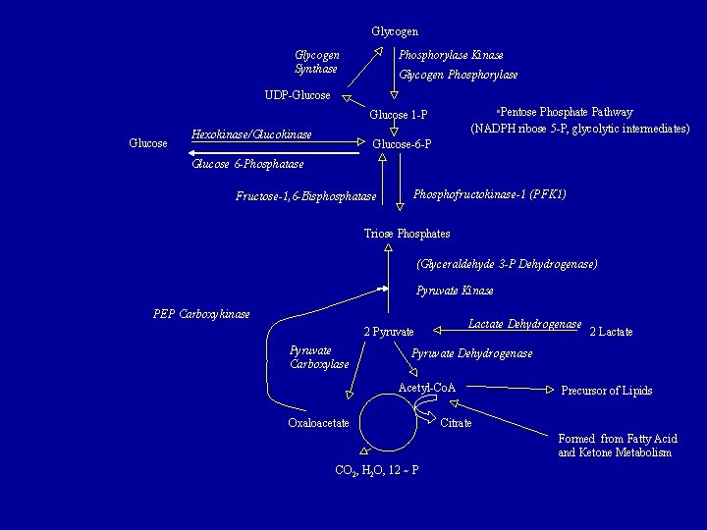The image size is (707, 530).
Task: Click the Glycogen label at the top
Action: pyautogui.click(x=395, y=31)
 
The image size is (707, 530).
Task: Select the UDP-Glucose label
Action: pyautogui.click(x=298, y=95)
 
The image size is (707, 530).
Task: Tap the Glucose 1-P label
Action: pyautogui.click(x=399, y=116)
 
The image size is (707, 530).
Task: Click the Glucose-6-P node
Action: pyautogui.click(x=403, y=144)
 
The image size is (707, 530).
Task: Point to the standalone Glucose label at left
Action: pyautogui.click(x=148, y=144)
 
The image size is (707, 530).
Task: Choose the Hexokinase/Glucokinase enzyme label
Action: pyautogui.click(x=251, y=132)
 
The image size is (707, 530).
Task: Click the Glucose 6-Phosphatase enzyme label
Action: pyautogui.click(x=247, y=164)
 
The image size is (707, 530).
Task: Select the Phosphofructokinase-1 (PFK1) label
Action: pyautogui.click(x=490, y=194)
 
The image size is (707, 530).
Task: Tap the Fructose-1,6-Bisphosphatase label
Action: pyautogui.click(x=306, y=196)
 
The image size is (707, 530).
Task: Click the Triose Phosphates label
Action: pyautogui.click(x=407, y=234)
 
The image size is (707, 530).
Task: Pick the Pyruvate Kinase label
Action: pyautogui.click(x=455, y=291)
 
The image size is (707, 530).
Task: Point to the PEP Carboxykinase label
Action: pyautogui.click(x=201, y=314)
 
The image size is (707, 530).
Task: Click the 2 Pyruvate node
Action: pyautogui.click(x=389, y=332)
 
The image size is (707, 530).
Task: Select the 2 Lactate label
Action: pyautogui.click(x=611, y=332)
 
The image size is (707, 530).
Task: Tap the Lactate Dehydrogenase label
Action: pyautogui.click(x=524, y=324)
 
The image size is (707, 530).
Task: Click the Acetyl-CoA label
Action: pyautogui.click(x=426, y=388)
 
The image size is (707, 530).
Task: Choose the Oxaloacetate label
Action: pyautogui.click(x=318, y=423)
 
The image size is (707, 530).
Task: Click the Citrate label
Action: pyautogui.click(x=456, y=423)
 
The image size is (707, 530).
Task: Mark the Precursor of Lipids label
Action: pyautogui.click(x=607, y=391)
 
